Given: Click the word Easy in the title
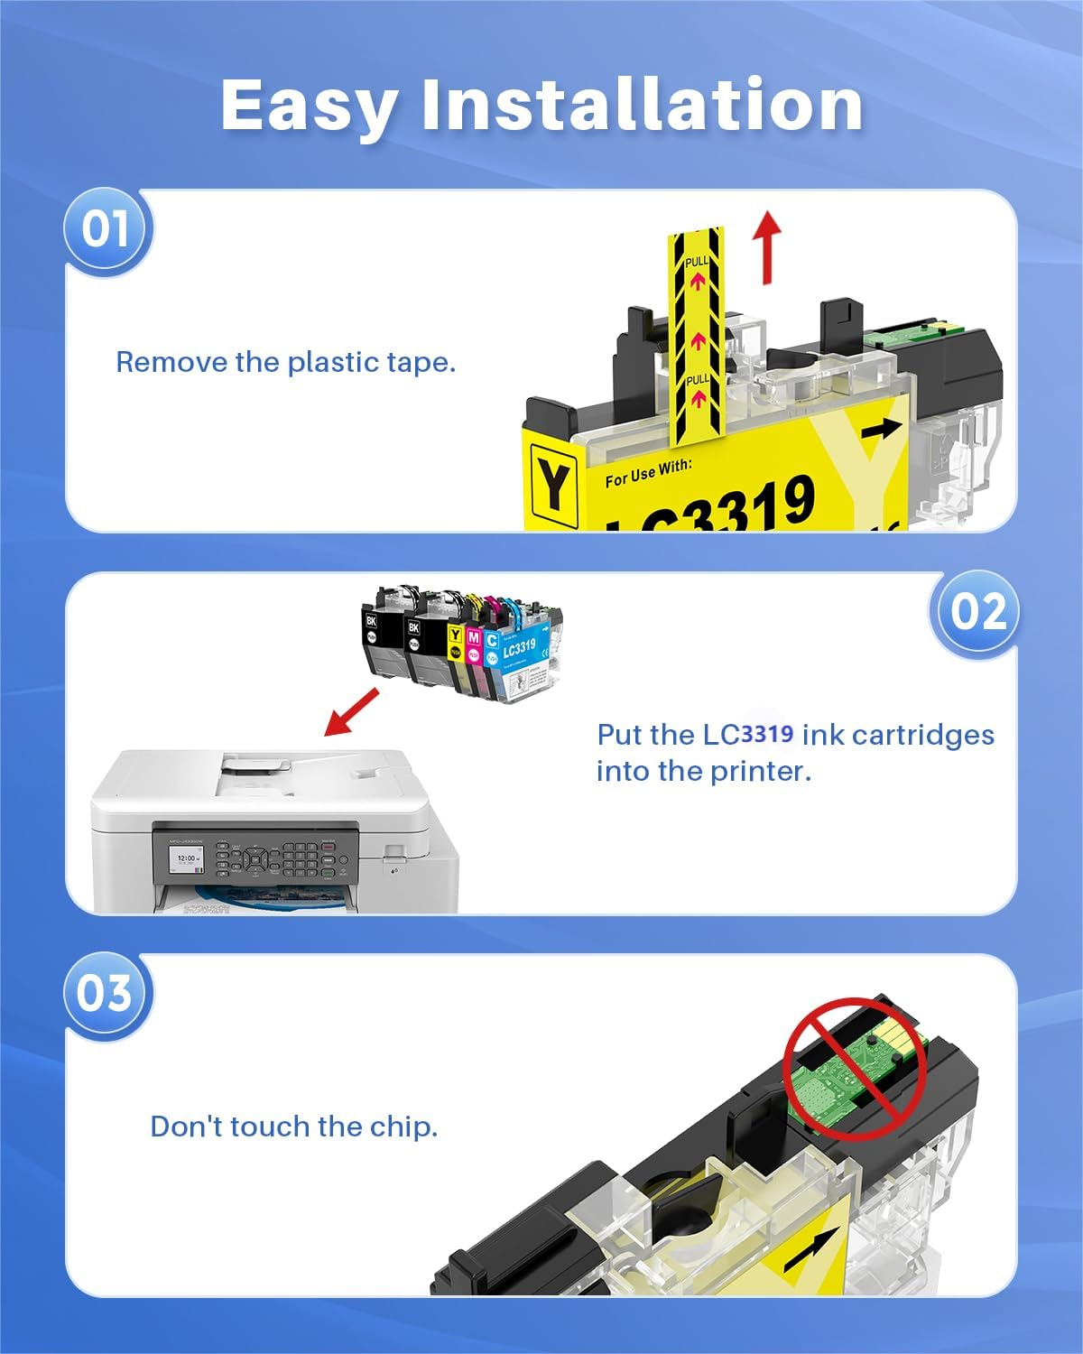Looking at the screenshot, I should (x=309, y=106).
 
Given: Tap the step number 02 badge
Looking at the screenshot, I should (x=977, y=612).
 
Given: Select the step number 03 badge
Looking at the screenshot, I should (x=105, y=993).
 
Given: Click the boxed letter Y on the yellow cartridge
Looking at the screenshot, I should (x=553, y=483).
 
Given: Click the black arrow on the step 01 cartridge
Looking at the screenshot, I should (x=880, y=430).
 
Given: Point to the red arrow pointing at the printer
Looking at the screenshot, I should (x=351, y=711).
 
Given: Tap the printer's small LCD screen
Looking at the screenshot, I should (x=189, y=861).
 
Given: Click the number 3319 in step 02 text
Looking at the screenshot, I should (x=767, y=734).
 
